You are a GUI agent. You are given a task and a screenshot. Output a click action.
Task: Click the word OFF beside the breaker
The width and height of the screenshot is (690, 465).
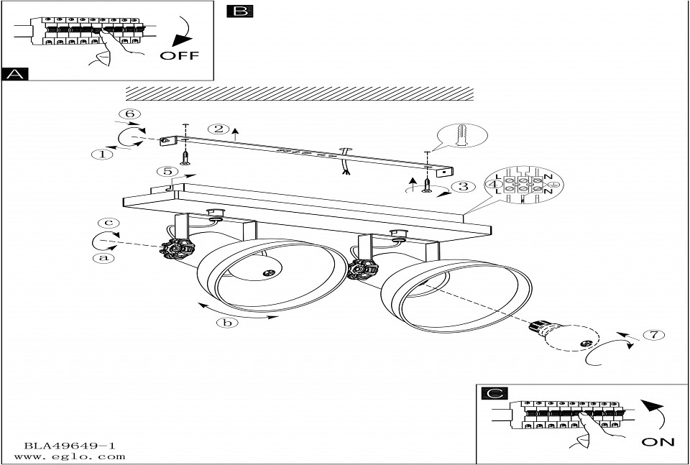click(180, 56)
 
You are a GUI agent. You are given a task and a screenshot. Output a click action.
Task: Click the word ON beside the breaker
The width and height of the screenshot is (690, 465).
click(657, 442)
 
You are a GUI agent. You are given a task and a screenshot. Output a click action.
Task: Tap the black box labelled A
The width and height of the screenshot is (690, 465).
click(14, 74)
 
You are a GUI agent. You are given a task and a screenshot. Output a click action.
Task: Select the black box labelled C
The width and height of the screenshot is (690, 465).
click(493, 394)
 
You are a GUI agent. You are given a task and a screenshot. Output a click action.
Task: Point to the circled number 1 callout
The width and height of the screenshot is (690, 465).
click(105, 153)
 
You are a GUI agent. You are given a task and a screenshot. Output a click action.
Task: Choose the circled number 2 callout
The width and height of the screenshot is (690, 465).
click(218, 129)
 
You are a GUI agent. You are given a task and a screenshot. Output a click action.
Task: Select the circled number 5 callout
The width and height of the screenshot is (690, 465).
click(167, 172)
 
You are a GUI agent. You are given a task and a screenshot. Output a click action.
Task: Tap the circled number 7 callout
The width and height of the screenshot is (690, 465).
click(650, 334)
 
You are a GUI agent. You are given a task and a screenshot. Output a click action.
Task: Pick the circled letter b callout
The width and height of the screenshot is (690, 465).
click(227, 323)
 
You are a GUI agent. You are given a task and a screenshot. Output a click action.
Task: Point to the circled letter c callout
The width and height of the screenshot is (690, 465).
click(109, 223)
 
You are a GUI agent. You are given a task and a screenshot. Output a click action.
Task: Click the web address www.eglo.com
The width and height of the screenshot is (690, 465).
click(65, 457)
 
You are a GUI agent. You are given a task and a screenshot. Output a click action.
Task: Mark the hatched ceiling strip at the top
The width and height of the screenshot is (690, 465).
click(300, 93)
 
